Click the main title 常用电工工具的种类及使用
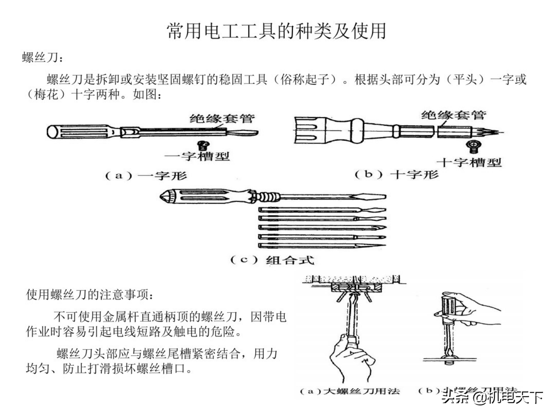pos(277,31)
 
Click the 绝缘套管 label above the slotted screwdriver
pos(222,118)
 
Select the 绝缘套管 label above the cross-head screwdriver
pos(454,115)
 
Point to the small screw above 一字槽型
pos(203,145)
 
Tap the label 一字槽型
pos(197,156)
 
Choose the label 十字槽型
pos(469,163)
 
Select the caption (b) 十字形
pos(396,174)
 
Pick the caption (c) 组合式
pos(272,260)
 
